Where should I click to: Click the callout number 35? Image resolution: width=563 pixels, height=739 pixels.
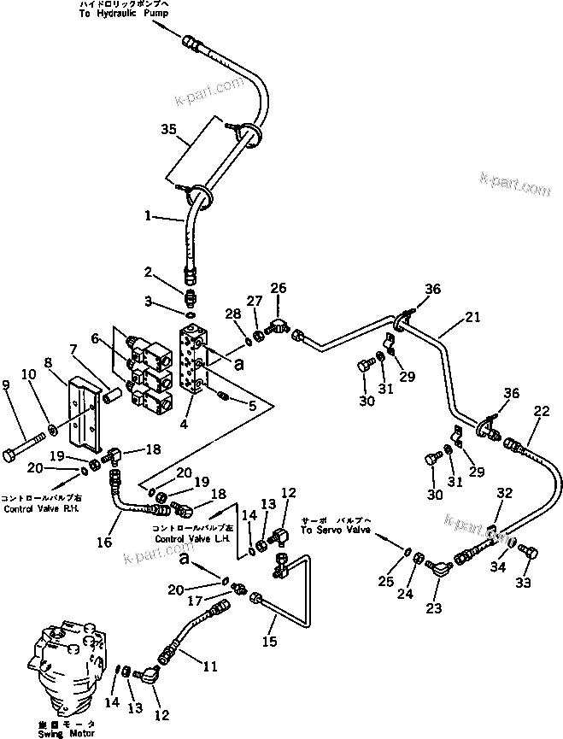[x=168, y=129]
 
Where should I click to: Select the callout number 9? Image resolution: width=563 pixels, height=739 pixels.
[x=9, y=385]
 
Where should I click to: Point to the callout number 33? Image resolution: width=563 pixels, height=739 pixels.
[x=522, y=583]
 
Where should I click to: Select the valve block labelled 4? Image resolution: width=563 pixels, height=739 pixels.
[x=194, y=359]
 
